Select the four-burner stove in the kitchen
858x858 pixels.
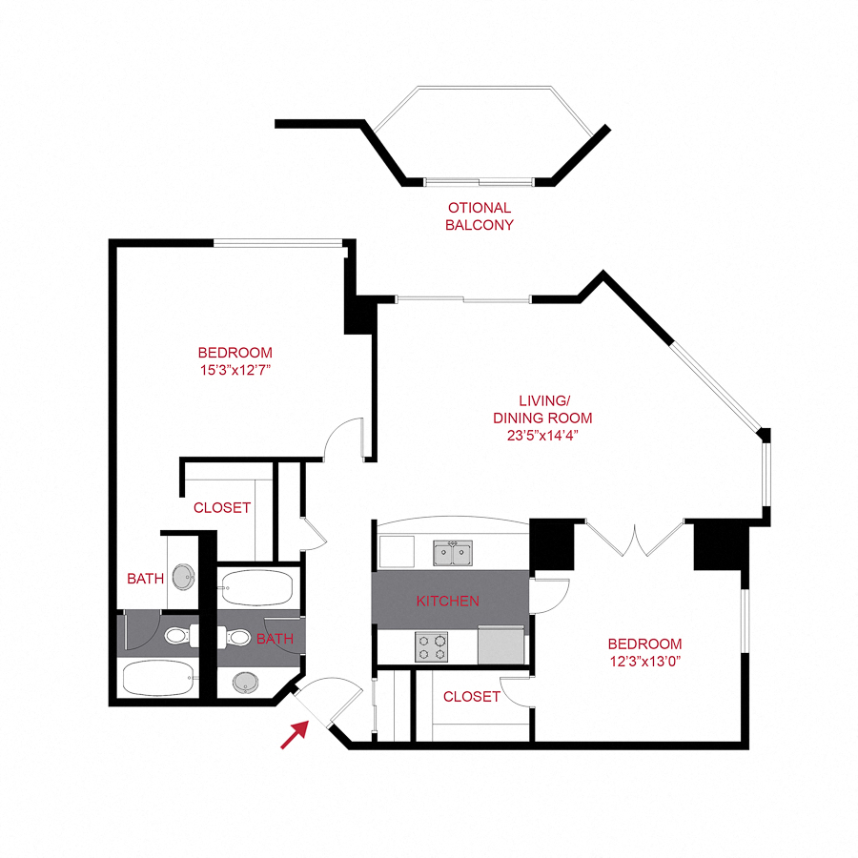coord(432,647)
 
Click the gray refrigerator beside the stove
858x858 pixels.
coord(501,644)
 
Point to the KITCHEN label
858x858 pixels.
coord(447,602)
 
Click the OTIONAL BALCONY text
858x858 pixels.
coord(480,216)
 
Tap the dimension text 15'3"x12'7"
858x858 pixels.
coord(235,368)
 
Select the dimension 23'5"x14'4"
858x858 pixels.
coord(542,436)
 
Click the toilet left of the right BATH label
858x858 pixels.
coord(238,637)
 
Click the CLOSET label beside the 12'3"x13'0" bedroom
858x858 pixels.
coord(471,697)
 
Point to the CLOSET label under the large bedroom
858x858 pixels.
coord(222,508)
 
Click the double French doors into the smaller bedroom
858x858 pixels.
coord(634,539)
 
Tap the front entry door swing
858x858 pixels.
coord(329,701)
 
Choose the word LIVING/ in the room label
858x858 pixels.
coord(542,399)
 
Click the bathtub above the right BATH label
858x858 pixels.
coord(255,588)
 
